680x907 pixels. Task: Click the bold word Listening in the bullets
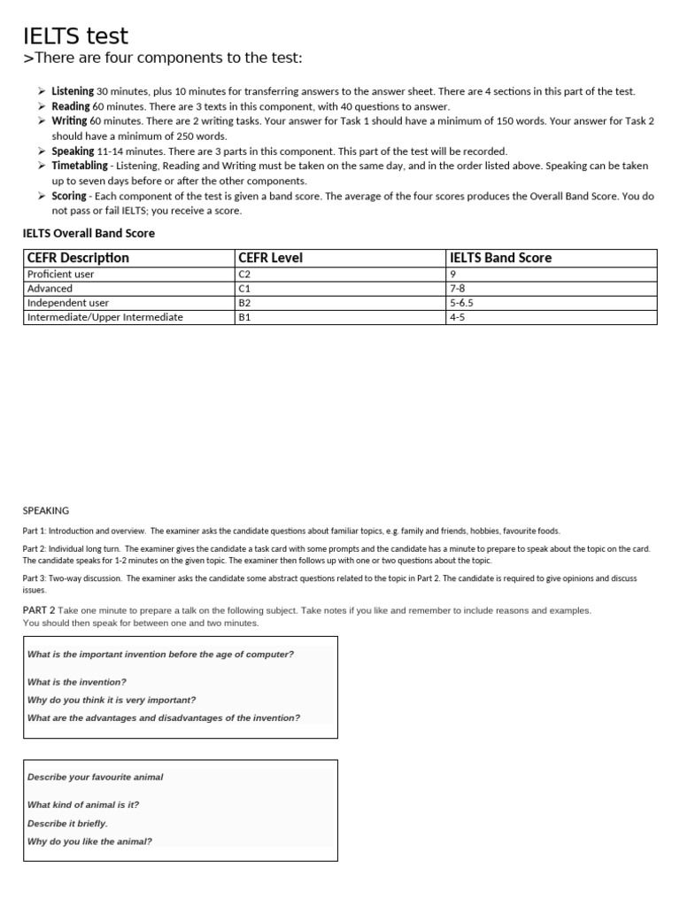(x=73, y=91)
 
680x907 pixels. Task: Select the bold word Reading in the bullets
(x=71, y=106)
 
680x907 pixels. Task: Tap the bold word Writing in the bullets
(x=69, y=120)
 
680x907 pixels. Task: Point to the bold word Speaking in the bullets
(x=73, y=151)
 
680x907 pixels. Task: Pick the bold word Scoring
(x=69, y=196)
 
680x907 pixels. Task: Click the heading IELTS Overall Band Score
(x=89, y=233)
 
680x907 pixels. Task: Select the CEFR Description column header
(x=78, y=258)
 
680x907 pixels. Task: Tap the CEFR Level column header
(x=271, y=258)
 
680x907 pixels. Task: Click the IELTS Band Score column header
(x=500, y=258)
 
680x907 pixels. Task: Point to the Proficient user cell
(x=60, y=275)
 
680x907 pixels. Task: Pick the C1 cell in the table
(x=245, y=289)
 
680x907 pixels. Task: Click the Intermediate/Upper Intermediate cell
(x=104, y=317)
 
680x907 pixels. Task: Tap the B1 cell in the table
(x=245, y=317)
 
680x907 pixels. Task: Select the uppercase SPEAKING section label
(x=45, y=510)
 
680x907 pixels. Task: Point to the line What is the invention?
(x=77, y=682)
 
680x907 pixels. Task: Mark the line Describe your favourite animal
(x=96, y=777)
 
